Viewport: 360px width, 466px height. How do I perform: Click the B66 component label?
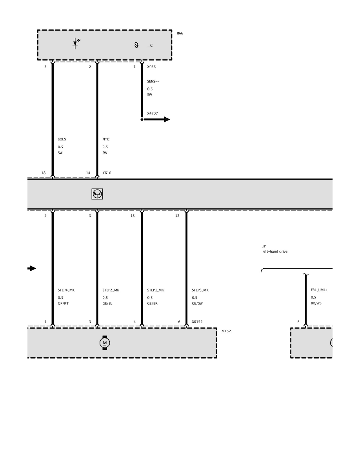tap(180, 33)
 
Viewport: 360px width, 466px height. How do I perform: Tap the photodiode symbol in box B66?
tap(76, 44)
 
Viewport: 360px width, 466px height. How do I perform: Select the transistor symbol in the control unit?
tap(97, 194)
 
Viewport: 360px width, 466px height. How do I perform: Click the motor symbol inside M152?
tap(105, 343)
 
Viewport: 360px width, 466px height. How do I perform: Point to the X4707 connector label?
tap(153, 113)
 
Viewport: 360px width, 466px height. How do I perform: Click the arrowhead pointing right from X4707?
tap(167, 120)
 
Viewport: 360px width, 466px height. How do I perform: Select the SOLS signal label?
tap(62, 139)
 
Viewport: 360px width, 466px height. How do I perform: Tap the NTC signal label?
tap(106, 139)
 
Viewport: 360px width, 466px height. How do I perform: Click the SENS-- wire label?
tap(153, 82)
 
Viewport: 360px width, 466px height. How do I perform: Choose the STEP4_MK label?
tap(66, 290)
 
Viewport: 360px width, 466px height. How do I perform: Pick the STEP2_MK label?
tap(111, 290)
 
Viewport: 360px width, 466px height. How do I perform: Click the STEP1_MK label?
tap(156, 290)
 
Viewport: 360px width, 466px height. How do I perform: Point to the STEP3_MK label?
tap(200, 290)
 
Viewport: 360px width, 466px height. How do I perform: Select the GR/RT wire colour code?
tap(63, 304)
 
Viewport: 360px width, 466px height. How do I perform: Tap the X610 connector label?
tap(107, 173)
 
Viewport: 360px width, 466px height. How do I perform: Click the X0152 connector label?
tap(197, 322)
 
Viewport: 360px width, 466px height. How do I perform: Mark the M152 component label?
tap(226, 331)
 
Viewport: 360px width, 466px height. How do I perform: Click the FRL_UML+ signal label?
tap(319, 290)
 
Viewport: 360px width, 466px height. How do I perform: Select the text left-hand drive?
tap(275, 251)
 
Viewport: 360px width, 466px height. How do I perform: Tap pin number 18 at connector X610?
tap(44, 173)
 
